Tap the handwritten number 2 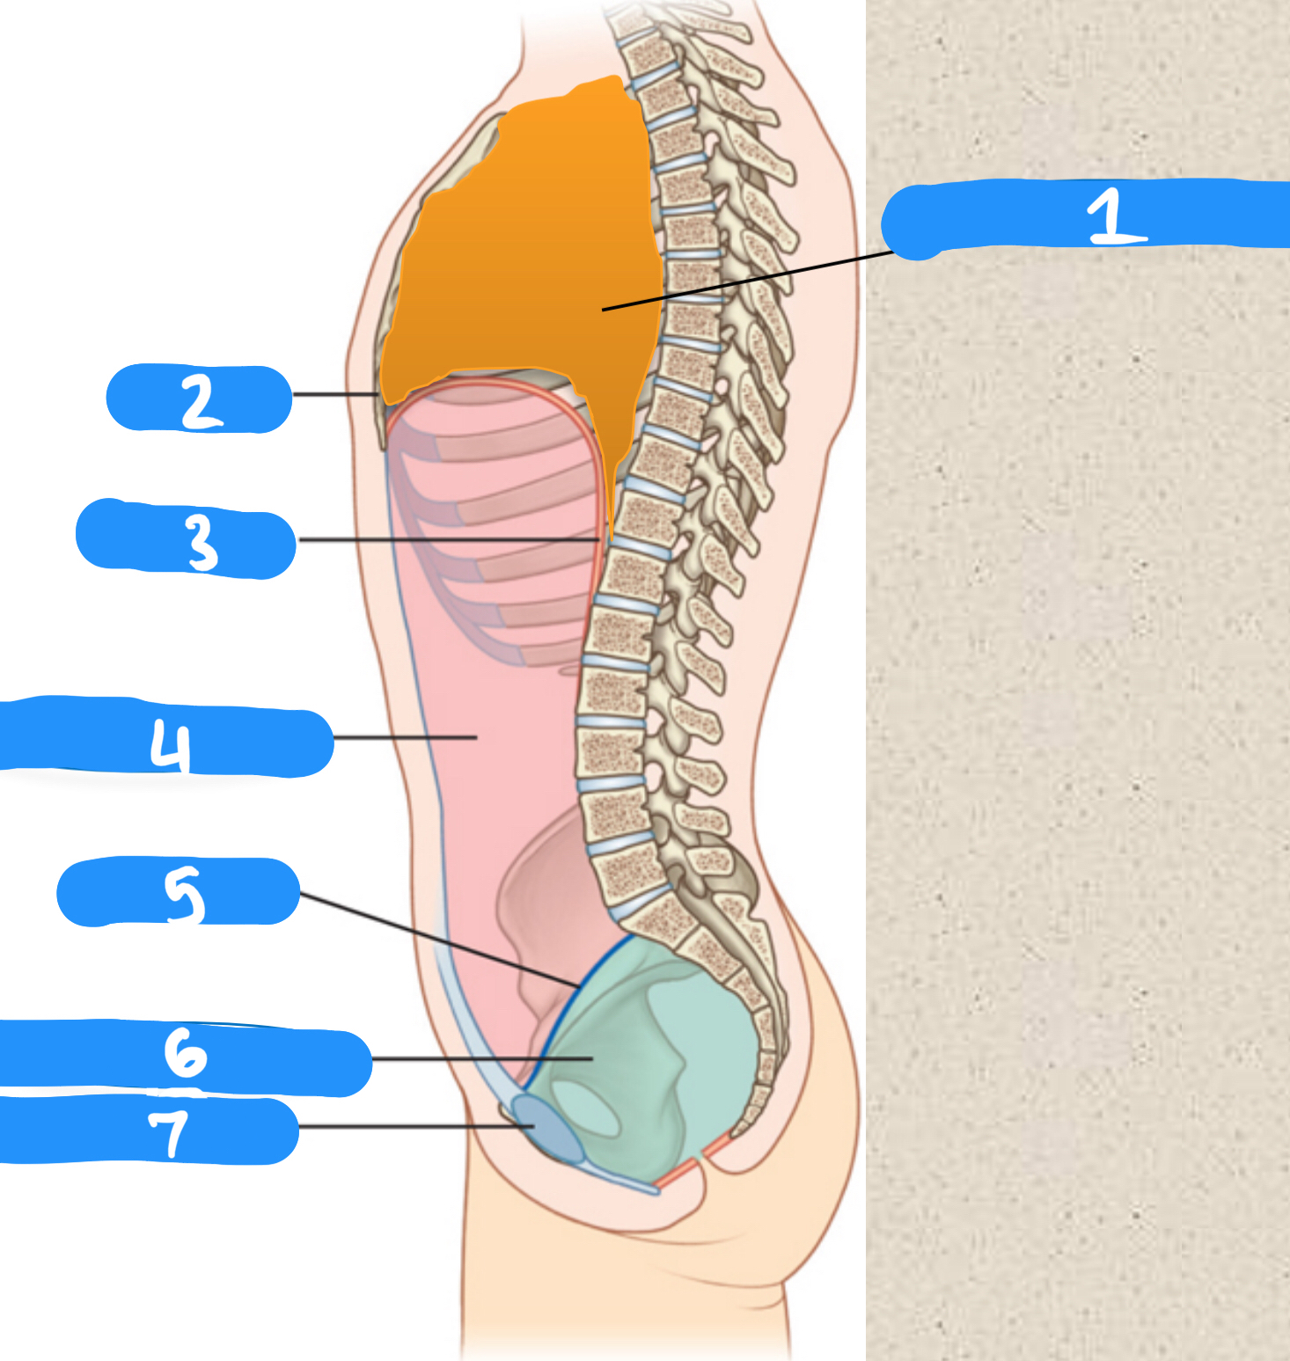(x=202, y=400)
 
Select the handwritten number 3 (x=202, y=541)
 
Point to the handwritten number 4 (x=170, y=743)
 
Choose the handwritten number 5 (x=184, y=893)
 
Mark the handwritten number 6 (x=185, y=1053)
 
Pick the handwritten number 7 (x=168, y=1131)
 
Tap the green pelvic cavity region (x=695, y=1038)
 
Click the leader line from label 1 (x=748, y=282)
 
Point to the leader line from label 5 (x=440, y=940)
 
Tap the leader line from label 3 (x=449, y=539)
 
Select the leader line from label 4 (x=405, y=737)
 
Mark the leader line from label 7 (x=405, y=1126)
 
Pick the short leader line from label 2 (x=334, y=394)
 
